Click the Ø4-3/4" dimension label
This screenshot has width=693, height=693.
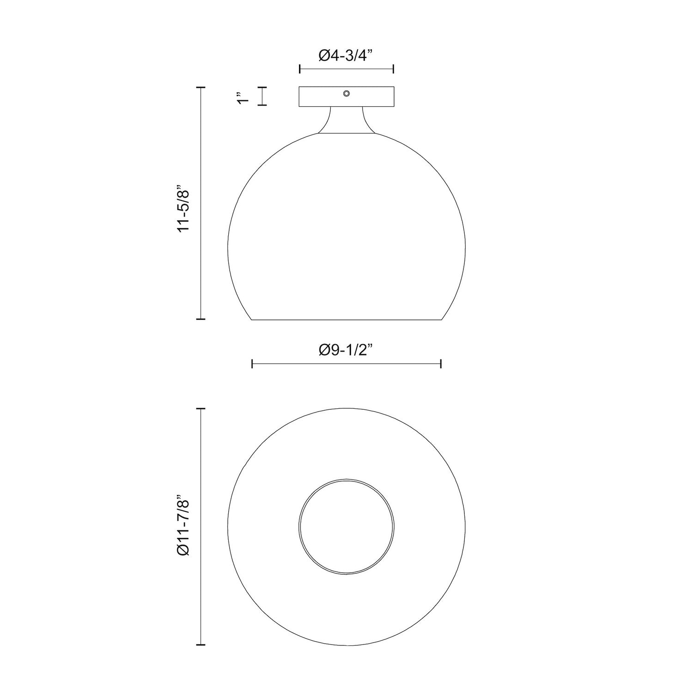pyautogui.click(x=346, y=56)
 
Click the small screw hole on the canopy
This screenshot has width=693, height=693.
pyautogui.click(x=346, y=94)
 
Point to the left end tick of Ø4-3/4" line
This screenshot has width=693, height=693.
pyautogui.click(x=300, y=69)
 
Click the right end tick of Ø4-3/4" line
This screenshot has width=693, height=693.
pyautogui.click(x=393, y=69)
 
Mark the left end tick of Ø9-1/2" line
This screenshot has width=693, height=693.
pyautogui.click(x=252, y=364)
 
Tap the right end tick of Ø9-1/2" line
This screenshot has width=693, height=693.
pyautogui.click(x=441, y=364)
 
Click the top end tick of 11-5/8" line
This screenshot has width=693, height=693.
pyautogui.click(x=201, y=87)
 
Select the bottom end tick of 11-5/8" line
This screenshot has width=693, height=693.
pyautogui.click(x=201, y=319)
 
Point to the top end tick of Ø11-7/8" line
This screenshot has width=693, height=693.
pyautogui.click(x=201, y=409)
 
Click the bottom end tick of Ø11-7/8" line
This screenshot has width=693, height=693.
pyautogui.click(x=201, y=644)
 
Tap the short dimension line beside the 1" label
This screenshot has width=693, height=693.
pyautogui.click(x=262, y=97)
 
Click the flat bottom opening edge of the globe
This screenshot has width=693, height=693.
pyautogui.click(x=346, y=320)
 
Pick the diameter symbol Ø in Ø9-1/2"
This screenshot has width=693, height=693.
pyautogui.click(x=324, y=350)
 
